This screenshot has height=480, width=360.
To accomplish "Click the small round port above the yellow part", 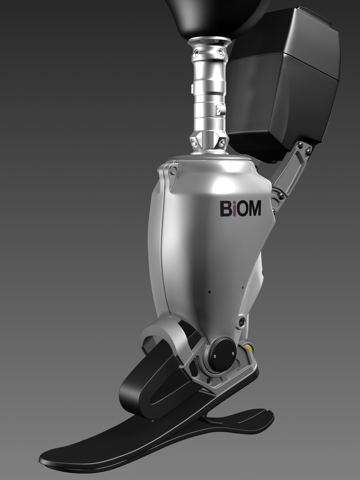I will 241,322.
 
